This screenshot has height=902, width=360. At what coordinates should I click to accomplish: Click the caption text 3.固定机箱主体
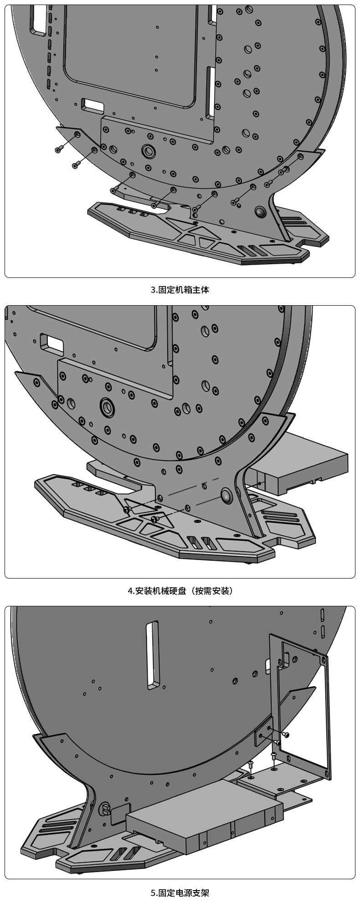[x=180, y=290]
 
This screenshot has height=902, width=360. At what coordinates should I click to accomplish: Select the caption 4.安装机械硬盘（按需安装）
[x=180, y=591]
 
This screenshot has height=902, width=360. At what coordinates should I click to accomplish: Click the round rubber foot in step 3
[x=261, y=211]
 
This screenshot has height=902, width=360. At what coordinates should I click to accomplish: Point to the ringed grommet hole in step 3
[x=148, y=150]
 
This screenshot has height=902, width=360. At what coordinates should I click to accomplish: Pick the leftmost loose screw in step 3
[x=59, y=149]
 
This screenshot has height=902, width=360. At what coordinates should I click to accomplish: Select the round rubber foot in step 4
[x=226, y=495]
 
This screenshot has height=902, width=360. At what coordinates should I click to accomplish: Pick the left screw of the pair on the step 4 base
[x=127, y=508]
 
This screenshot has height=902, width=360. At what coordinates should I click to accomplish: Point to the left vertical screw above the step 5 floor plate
[x=251, y=764]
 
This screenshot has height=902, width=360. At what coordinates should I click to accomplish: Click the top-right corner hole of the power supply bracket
[x=324, y=659]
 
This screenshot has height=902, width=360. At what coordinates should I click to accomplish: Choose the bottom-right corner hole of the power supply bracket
[x=326, y=774]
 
